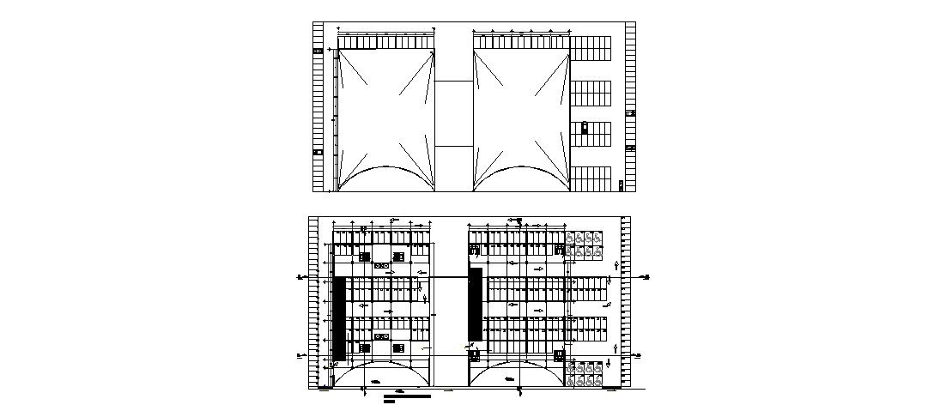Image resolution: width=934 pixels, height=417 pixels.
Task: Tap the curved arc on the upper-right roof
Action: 520,175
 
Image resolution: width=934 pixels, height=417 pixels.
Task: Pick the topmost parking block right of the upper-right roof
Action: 591,48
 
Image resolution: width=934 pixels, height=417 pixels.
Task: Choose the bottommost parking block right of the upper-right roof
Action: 591,178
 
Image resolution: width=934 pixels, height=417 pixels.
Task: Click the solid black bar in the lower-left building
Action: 340,317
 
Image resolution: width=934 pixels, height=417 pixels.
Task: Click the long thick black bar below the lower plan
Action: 409,396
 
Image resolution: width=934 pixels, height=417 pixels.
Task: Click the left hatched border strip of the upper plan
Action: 318,107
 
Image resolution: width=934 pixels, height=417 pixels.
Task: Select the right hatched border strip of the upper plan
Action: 631,107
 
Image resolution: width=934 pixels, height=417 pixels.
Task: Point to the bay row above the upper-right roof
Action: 520,42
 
